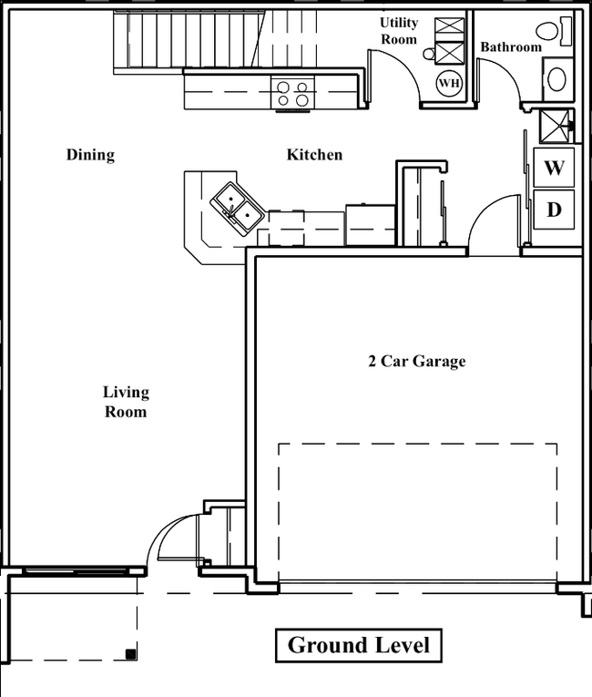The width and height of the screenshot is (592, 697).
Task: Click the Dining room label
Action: pos(90,155)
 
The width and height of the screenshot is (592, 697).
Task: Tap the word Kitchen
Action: pos(314,155)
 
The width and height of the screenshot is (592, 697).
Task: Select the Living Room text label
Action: pos(125,402)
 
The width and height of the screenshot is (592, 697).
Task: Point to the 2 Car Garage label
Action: pos(416,362)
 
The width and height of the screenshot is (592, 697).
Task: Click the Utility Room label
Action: pos(399,31)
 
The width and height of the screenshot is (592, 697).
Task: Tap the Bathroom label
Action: pos(510,47)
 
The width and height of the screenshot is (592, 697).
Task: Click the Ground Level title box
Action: pos(358,646)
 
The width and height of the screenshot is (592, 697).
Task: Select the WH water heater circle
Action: pos(449,84)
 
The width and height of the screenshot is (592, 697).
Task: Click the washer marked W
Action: pos(555,169)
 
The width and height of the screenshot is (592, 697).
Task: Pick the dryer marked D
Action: pos(554,210)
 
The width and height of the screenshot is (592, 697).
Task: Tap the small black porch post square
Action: pos(131,653)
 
